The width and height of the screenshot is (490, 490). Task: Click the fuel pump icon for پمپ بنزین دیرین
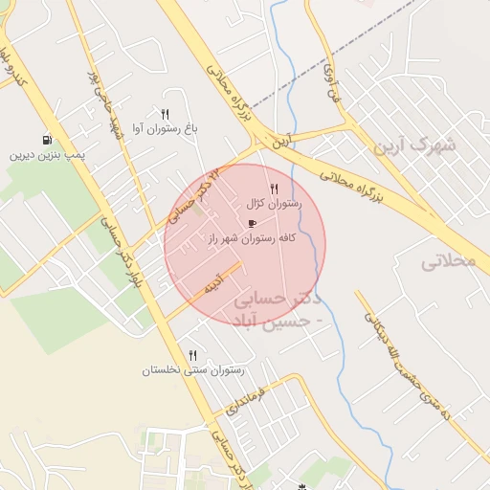point(47,140)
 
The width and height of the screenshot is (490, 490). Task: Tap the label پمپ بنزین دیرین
point(50,154)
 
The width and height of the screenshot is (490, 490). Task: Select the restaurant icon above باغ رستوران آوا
point(166,114)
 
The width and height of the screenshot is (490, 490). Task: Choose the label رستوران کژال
point(275,203)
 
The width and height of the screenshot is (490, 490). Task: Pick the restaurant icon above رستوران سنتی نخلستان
point(193,355)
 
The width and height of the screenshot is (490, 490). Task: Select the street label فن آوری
point(330,81)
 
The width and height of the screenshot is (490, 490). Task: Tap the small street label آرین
point(278,141)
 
